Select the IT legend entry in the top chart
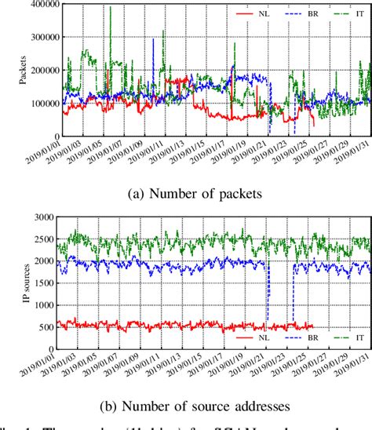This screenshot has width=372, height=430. coord(347,13)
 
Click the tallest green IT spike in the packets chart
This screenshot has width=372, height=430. coord(110,8)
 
